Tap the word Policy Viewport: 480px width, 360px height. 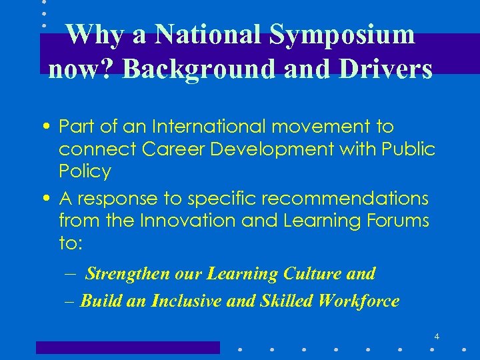(85, 171)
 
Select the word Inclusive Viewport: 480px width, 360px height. (190, 301)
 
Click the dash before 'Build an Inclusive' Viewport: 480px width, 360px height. (71, 301)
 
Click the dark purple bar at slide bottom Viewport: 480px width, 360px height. (127, 347)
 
